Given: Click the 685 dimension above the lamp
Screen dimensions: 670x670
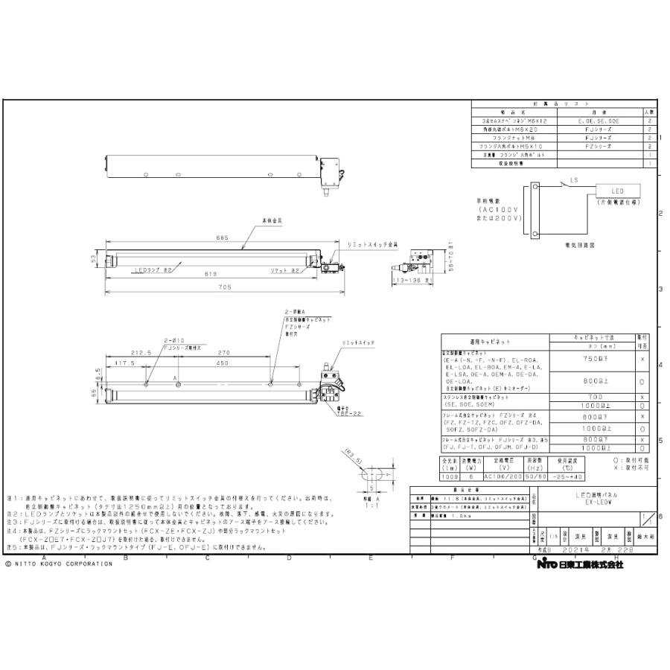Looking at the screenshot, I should click(221, 238).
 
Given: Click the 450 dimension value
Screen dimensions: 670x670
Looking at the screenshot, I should click(221, 363).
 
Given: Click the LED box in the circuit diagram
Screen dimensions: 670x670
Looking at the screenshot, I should click(618, 191).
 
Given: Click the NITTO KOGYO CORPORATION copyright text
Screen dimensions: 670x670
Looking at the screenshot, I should click(60, 564).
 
